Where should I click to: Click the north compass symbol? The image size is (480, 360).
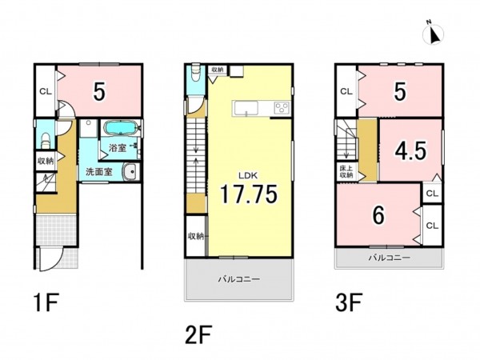tap(433, 33)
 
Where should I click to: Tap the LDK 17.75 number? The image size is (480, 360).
tap(249, 194)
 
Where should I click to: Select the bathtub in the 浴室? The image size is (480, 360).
tap(120, 127)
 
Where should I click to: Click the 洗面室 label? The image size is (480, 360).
tap(99, 172)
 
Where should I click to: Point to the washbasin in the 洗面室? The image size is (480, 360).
tap(132, 172)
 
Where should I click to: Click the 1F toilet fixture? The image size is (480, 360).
tap(46, 139)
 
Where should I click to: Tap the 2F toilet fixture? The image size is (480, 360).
tap(195, 73)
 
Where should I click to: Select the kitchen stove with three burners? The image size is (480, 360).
tap(282, 108)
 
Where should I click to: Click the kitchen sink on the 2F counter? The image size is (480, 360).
tap(246, 108)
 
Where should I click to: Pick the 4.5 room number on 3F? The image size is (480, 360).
tap(410, 151)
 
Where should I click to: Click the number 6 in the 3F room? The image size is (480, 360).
tap(378, 215)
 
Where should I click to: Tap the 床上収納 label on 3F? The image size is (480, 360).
tap(346, 171)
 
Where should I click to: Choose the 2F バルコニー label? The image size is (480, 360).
tap(239, 279)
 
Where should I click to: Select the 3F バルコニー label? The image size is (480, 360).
tap(389, 258)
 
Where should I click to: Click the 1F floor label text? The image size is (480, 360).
tap(46, 302)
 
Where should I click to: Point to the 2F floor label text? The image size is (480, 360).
tap(198, 334)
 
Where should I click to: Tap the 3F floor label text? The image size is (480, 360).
tap(350, 302)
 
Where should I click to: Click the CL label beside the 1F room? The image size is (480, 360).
tap(46, 91)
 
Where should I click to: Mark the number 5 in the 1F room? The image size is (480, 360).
tap(99, 91)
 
